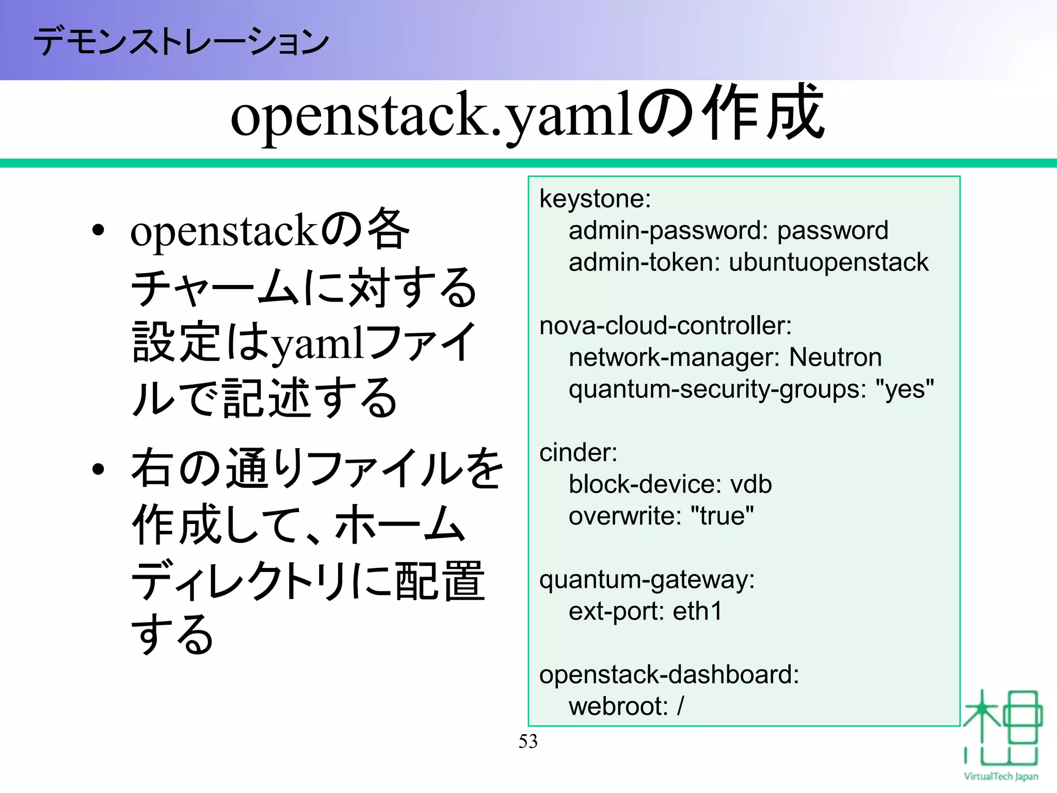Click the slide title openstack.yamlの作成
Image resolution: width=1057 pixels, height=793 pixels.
(527, 115)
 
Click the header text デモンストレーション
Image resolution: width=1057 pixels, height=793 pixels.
(181, 41)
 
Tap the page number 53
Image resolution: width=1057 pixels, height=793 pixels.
(528, 741)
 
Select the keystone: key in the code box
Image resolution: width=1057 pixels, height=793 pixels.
(595, 199)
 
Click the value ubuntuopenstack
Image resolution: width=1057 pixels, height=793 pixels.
(828, 262)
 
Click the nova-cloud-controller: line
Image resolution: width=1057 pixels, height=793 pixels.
(665, 326)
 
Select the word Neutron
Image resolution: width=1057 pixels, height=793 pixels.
(835, 358)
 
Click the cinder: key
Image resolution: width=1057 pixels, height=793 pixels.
(578, 453)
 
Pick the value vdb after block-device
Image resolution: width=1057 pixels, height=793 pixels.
(750, 485)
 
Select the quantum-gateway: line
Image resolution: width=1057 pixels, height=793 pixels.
(647, 580)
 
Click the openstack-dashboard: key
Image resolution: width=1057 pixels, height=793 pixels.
(669, 675)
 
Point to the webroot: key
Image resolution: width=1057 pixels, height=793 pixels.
(618, 707)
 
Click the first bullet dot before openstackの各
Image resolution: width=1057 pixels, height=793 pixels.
(98, 231)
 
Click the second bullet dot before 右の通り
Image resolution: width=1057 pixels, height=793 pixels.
(98, 469)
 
